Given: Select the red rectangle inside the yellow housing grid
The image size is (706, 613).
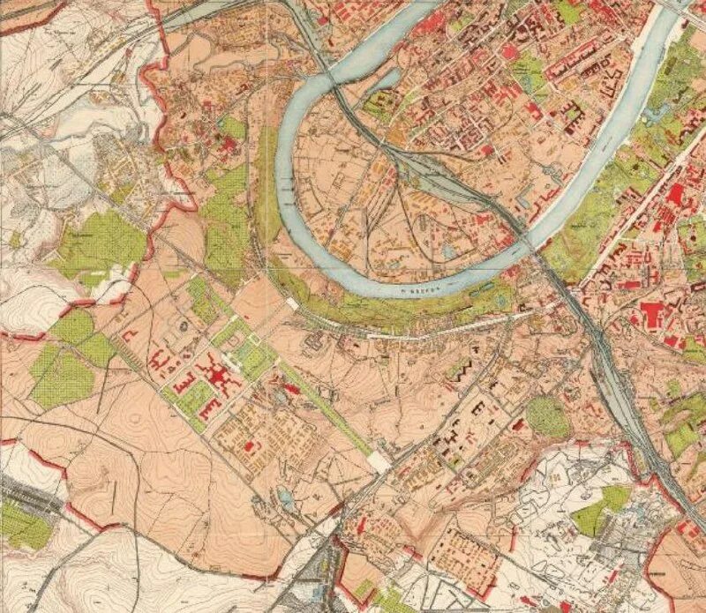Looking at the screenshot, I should [250, 447].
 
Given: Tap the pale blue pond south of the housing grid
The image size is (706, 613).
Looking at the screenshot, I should [285, 497].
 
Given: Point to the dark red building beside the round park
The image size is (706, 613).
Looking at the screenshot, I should [519, 426].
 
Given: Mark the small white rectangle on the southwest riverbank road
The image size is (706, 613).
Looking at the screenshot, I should [291, 303].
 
